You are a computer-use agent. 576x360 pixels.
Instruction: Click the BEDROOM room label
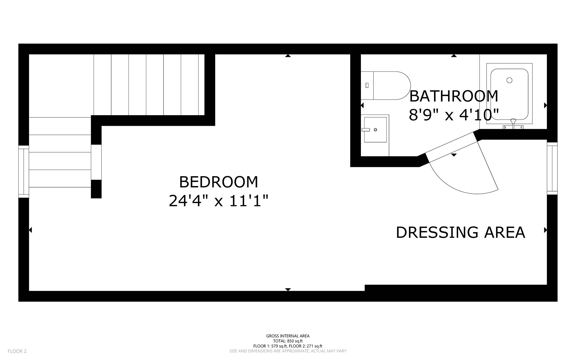(x=219, y=182)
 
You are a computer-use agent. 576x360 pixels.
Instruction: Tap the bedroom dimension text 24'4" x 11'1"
(x=219, y=201)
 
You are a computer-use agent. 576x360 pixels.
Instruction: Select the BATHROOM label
(x=454, y=96)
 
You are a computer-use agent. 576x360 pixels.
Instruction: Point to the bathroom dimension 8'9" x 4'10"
(x=454, y=115)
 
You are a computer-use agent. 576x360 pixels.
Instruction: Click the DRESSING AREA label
(x=460, y=232)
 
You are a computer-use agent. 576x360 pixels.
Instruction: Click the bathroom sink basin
(x=375, y=130)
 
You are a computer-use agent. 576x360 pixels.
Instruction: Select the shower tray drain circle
(x=509, y=80)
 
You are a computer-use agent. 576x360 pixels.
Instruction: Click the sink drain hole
(x=375, y=130)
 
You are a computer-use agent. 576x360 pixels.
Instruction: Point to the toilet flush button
(x=367, y=85)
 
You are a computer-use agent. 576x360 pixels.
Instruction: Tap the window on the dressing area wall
(x=552, y=168)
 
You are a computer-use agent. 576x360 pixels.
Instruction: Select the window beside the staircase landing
(x=24, y=171)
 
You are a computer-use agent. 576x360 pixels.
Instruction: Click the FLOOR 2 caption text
(x=17, y=351)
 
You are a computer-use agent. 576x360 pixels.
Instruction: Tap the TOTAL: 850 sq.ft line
(x=288, y=341)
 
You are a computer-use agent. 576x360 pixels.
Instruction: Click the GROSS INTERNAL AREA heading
(x=288, y=336)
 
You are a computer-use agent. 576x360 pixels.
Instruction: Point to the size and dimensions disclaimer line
(x=288, y=351)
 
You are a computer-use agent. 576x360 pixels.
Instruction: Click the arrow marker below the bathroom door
(x=454, y=155)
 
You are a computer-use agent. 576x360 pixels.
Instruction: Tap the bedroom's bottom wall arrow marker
(x=288, y=289)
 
